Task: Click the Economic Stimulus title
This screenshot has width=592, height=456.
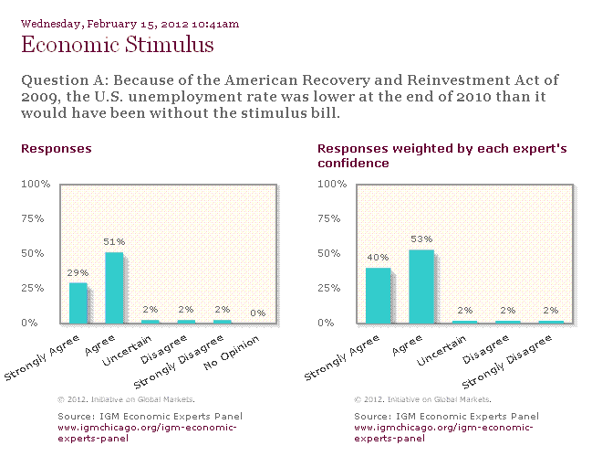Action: pos(118,44)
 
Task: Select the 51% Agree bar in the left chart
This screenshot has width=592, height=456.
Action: pos(114,288)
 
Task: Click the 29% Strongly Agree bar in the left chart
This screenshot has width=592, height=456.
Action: pos(78,303)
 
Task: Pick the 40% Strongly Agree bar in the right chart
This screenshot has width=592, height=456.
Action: pos(379,296)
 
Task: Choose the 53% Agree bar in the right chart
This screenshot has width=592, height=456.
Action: pos(421,287)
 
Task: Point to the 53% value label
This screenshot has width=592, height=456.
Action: pos(421,239)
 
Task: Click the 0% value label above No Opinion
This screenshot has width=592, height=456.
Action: pos(258,313)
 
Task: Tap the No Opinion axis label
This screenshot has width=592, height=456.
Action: pos(232,353)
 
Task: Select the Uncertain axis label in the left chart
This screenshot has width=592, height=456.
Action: pos(127,351)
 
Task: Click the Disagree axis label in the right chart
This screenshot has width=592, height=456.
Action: pos(486,350)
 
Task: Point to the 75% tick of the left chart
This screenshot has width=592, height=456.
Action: pos(33,218)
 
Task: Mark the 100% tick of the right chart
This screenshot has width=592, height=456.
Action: pos(332,184)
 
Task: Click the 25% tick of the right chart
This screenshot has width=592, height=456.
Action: pos(329,288)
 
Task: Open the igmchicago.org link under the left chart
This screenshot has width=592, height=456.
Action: pos(147,433)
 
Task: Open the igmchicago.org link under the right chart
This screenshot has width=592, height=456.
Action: pos(443,433)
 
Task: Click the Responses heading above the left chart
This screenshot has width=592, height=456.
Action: pos(57,149)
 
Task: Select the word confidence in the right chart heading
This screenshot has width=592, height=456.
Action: pos(353,163)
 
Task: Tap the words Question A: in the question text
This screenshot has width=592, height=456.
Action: pos(65,80)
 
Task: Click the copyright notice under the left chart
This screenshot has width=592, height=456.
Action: pos(126,399)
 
